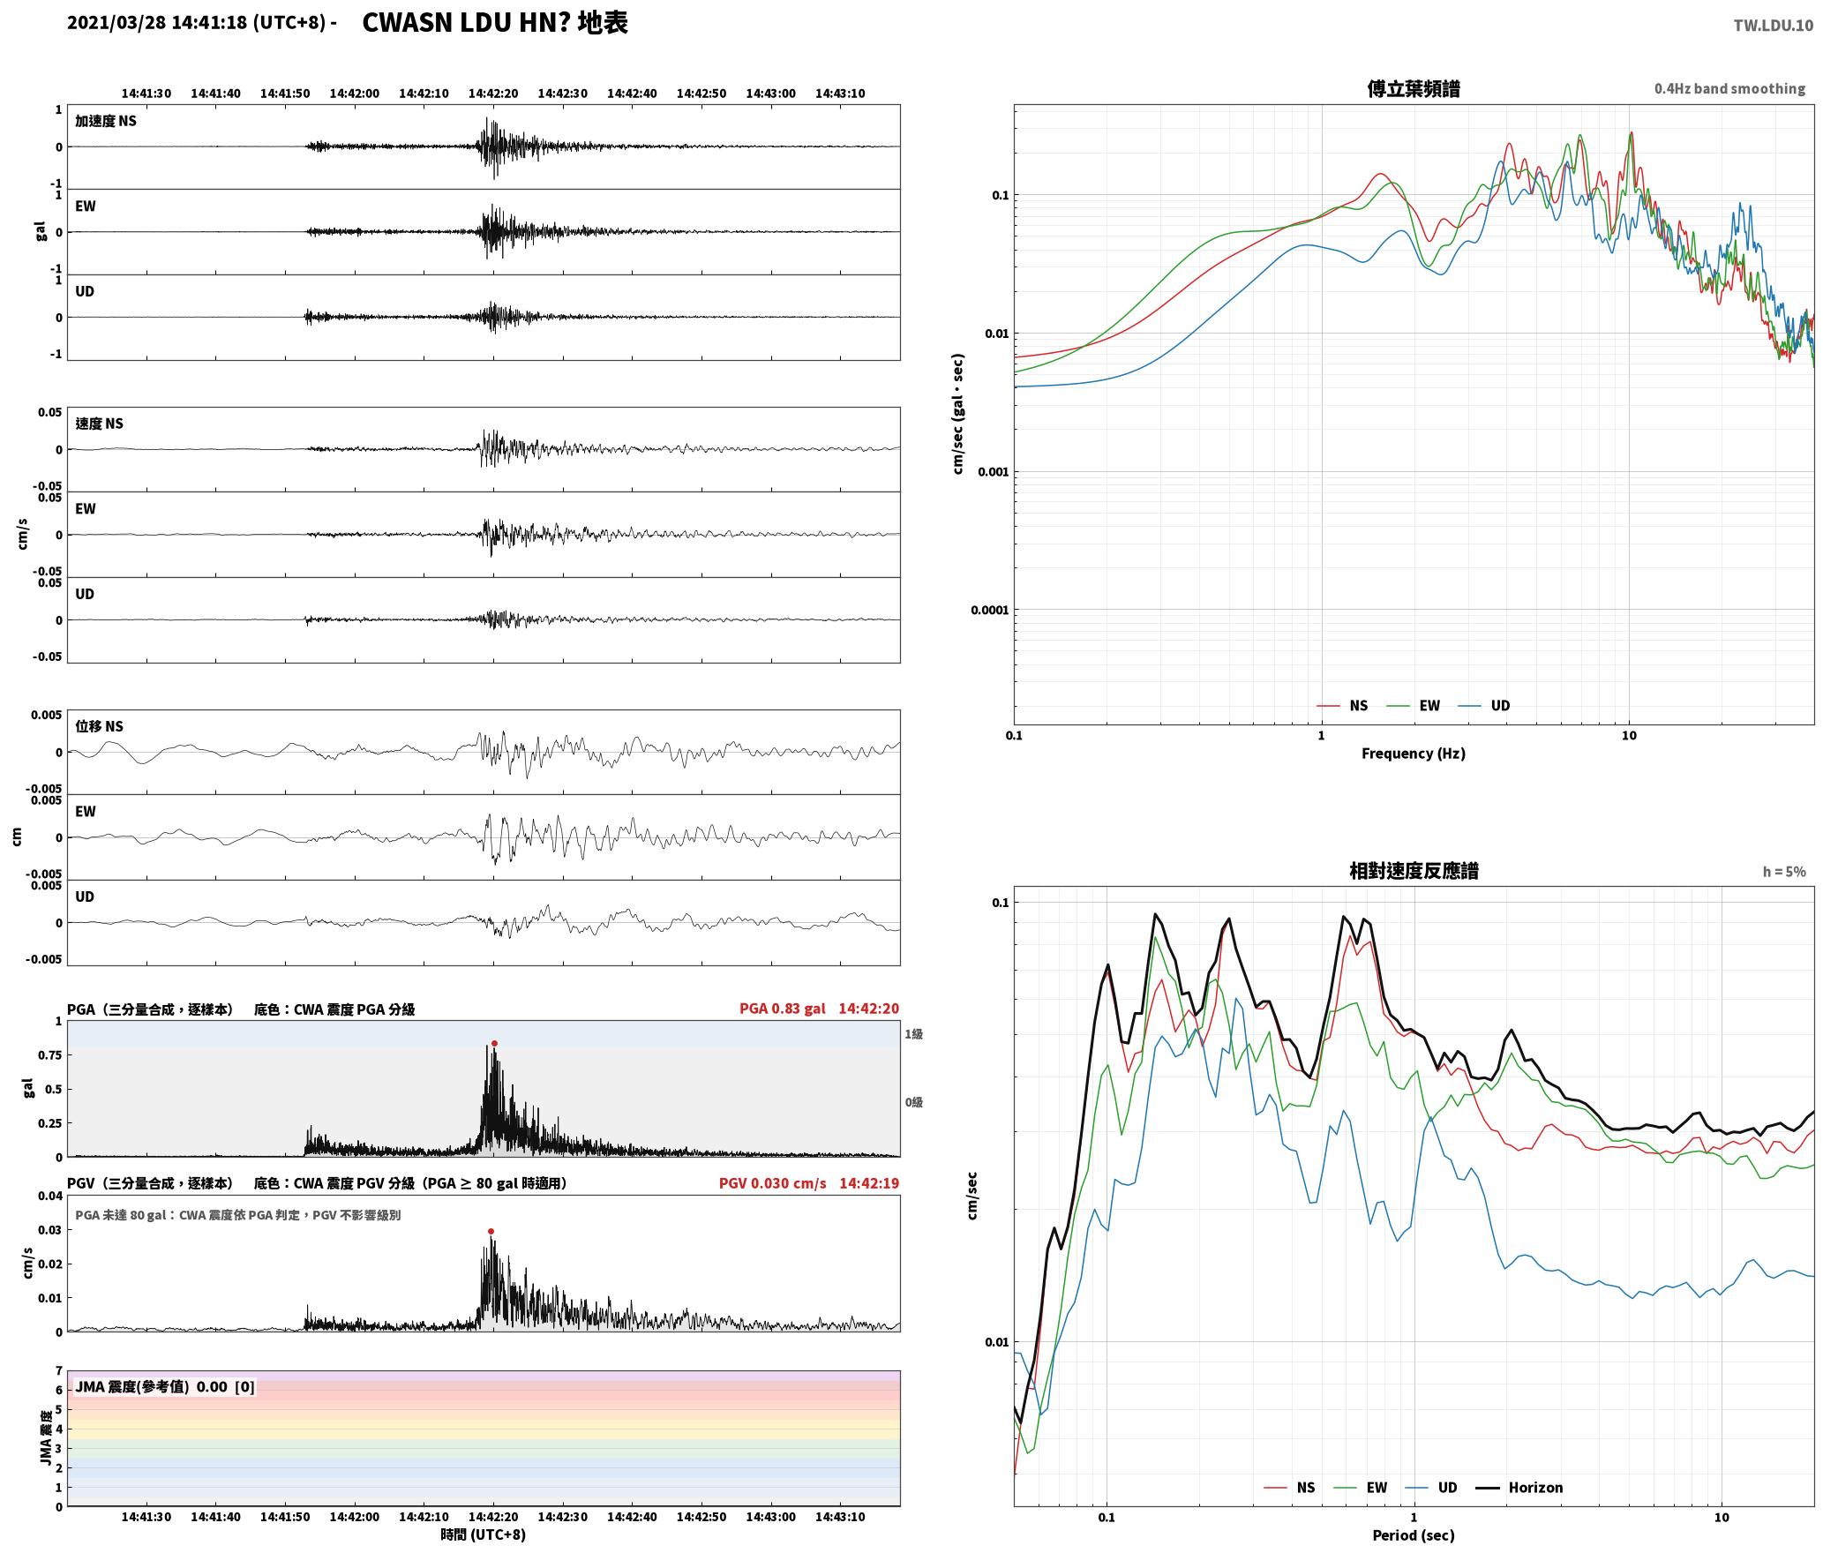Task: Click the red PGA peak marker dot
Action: point(494,1043)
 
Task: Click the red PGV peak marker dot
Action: point(491,1231)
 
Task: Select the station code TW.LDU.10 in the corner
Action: point(1774,26)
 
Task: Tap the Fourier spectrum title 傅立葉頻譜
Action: point(1414,88)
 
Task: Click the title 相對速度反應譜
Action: point(1414,871)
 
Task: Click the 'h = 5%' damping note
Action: point(1784,872)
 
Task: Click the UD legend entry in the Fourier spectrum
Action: point(1484,705)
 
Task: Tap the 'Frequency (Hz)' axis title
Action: point(1414,753)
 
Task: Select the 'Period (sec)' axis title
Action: point(1414,1534)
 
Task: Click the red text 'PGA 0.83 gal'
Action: point(783,1009)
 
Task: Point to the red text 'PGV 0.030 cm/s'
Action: point(773,1183)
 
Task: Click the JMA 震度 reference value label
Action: point(165,1386)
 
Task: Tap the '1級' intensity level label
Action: point(913,1033)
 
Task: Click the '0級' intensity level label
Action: point(913,1102)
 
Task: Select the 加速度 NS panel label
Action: point(106,121)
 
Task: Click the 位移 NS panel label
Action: point(99,726)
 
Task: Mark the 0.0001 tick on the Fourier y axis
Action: point(989,610)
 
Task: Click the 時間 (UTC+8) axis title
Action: point(484,1534)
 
